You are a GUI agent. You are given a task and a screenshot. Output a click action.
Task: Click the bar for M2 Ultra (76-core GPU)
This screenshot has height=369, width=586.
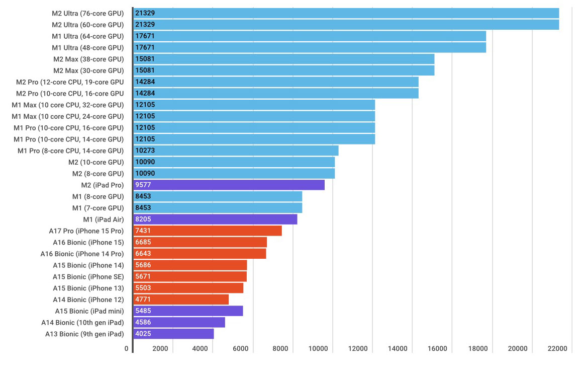[x=346, y=13]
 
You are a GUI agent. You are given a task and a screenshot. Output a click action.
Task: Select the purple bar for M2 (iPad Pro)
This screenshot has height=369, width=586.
[x=229, y=185]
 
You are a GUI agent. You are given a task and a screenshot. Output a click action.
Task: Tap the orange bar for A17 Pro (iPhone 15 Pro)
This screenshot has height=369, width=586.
[x=208, y=231]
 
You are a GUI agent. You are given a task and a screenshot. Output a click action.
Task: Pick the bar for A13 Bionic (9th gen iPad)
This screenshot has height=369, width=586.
[x=174, y=334]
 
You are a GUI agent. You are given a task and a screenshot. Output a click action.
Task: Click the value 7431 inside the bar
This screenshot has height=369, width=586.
[x=143, y=231]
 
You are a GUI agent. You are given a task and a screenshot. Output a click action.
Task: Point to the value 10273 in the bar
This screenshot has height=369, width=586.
[x=145, y=151]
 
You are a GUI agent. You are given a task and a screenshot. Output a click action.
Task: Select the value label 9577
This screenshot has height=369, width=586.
[x=143, y=185]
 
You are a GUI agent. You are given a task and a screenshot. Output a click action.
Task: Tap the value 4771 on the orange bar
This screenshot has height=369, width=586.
[x=143, y=300]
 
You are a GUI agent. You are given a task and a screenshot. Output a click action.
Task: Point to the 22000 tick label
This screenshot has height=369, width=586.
[x=557, y=348]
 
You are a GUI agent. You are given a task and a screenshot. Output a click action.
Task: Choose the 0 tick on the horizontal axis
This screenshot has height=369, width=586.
[x=127, y=348]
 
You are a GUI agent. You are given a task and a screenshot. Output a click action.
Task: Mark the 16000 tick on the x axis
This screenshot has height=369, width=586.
[x=438, y=348]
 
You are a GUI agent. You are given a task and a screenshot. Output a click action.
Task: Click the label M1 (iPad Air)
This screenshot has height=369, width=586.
[x=103, y=219]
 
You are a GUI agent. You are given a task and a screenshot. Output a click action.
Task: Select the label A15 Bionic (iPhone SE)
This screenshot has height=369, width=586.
[x=88, y=276]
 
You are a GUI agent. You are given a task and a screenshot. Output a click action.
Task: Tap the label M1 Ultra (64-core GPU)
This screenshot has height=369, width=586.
[x=87, y=36]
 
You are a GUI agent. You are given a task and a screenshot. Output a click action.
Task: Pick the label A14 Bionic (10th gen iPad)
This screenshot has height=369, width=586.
[x=82, y=322]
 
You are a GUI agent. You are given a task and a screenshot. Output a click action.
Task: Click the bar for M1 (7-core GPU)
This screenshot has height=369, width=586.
[x=218, y=208]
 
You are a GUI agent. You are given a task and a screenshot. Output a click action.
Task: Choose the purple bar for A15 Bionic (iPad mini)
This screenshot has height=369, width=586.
[x=188, y=311]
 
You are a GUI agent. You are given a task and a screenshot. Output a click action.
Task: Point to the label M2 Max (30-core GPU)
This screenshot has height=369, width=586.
[x=88, y=70]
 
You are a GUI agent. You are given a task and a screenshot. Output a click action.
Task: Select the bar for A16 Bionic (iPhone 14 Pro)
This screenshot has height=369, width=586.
[x=200, y=254]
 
